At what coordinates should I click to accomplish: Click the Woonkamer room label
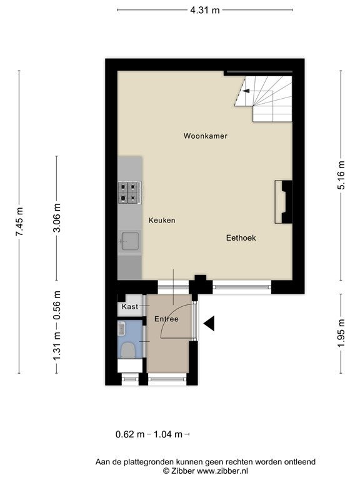206,136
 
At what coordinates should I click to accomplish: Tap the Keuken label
162,220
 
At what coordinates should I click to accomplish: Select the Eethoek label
241,238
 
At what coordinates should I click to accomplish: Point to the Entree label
166,319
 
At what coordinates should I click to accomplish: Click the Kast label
130,306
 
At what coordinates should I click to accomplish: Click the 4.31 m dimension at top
205,11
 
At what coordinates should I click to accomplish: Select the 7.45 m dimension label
19,222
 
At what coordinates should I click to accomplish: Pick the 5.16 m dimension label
341,175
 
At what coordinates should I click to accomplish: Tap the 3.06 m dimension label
57,217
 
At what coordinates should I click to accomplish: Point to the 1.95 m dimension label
341,333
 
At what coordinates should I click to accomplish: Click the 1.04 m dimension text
167,434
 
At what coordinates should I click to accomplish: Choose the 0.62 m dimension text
130,434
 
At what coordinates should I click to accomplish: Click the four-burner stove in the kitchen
130,192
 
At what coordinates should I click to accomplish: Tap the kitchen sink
130,241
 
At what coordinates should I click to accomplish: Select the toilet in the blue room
128,349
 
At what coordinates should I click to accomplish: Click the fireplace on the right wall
284,202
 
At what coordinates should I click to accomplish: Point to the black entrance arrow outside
209,323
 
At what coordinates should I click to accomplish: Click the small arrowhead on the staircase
246,91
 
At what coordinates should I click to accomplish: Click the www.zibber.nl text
222,471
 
